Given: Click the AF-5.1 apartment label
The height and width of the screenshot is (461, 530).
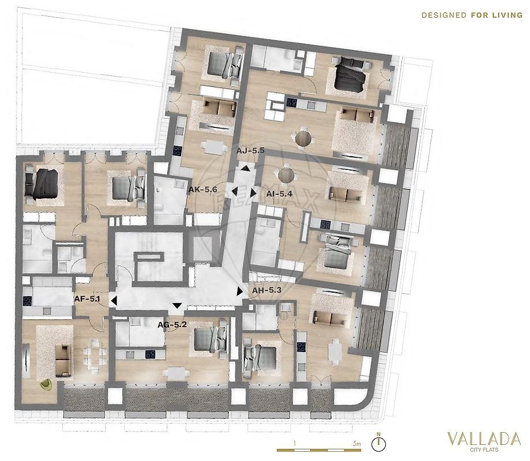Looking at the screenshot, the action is [x=87, y=298].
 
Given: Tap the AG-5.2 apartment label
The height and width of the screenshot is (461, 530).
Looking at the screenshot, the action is [x=172, y=325].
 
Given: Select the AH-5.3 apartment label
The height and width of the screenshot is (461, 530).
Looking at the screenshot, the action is [x=266, y=290].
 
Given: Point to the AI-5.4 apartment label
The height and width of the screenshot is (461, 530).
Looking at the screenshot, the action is [x=279, y=194].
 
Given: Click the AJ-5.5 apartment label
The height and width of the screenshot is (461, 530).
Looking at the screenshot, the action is [x=250, y=150].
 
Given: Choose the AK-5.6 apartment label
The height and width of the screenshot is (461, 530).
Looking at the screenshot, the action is [x=202, y=190].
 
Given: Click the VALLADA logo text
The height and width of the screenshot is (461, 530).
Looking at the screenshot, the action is [x=484, y=439].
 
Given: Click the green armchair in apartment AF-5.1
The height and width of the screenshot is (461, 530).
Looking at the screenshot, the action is [x=46, y=384].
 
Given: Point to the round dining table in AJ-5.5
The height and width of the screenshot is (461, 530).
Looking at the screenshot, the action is [x=303, y=138].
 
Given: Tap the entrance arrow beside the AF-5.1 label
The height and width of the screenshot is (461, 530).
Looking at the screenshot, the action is [x=114, y=300].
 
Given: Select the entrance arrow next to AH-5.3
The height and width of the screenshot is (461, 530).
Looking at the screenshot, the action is [x=240, y=292].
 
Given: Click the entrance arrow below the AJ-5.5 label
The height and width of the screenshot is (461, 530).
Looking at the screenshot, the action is [x=246, y=168].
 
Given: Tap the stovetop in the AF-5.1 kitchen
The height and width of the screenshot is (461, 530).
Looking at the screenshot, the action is [x=28, y=301].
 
